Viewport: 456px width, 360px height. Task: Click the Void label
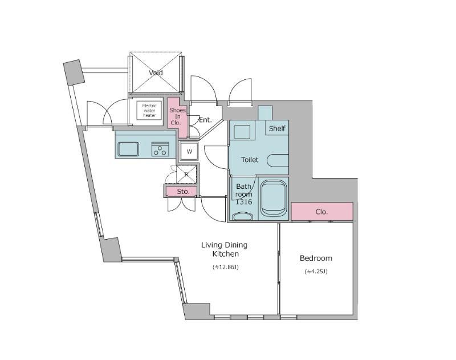click(x=156, y=73)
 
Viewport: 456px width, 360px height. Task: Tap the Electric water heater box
click(x=149, y=110)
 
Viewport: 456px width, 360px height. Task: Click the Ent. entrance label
click(x=205, y=120)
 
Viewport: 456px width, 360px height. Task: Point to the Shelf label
click(x=277, y=128)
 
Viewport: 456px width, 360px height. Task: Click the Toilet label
click(x=250, y=160)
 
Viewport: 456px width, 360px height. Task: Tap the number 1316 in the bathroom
click(x=244, y=201)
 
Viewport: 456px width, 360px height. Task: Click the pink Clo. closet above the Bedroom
click(x=321, y=212)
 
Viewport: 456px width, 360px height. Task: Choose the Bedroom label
click(x=316, y=258)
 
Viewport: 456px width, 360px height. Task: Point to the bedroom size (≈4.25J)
click(x=316, y=272)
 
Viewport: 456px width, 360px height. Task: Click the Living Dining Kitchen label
click(x=224, y=249)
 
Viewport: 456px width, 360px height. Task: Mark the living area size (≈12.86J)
click(x=225, y=266)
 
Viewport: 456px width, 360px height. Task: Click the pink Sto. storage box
click(x=182, y=192)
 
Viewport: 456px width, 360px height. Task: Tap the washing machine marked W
click(x=189, y=152)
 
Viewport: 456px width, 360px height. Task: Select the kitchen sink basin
click(x=128, y=149)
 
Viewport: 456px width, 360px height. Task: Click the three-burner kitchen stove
click(x=160, y=150)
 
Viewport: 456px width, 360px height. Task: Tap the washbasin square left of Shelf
click(x=242, y=132)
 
